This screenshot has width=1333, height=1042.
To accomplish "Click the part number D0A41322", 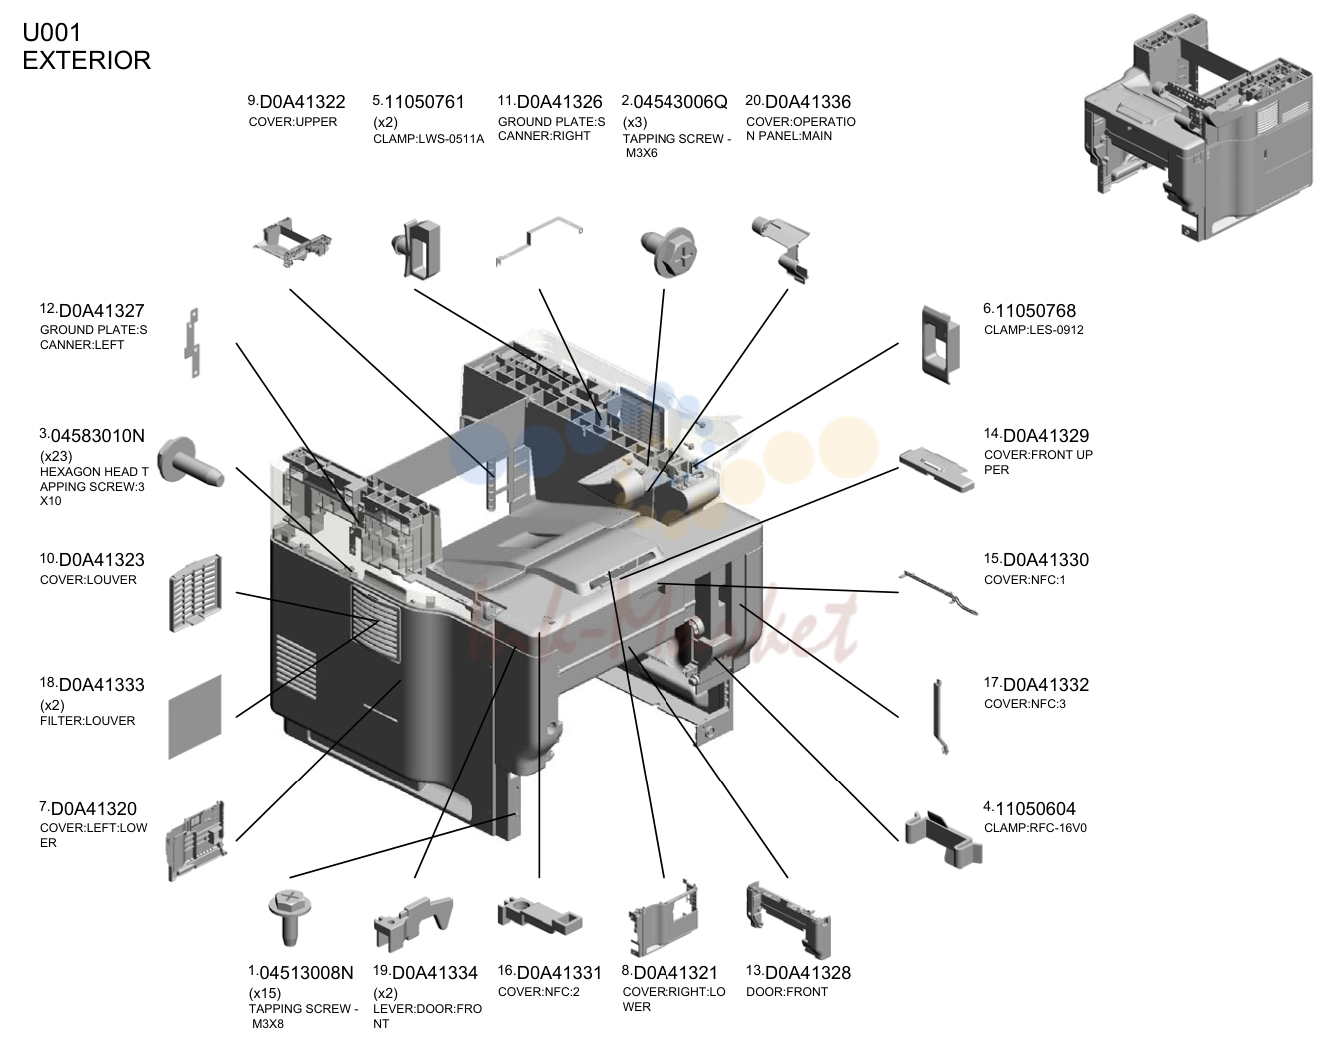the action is tap(302, 102).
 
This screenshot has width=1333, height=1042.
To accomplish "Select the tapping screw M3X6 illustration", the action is tap(668, 253).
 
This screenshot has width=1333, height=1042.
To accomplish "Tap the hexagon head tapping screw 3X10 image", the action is tap(191, 464).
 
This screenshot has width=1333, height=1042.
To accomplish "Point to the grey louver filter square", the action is tap(195, 717).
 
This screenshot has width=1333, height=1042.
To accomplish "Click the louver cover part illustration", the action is tap(196, 593).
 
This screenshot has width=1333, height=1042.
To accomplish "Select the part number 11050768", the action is tap(1035, 311).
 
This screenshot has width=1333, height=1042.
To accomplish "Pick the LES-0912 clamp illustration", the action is tap(940, 345).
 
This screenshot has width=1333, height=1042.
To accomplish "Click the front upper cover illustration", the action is tap(937, 469).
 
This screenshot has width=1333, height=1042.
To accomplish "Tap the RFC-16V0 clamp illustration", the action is tap(943, 838).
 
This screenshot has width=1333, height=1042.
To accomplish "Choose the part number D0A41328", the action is tap(808, 973).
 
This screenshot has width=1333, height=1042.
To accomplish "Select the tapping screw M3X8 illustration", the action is tap(290, 918).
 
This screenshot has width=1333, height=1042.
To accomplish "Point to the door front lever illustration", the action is tap(413, 923).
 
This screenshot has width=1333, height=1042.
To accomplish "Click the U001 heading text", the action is tap(52, 32).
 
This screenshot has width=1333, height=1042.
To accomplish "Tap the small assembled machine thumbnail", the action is tap(1198, 128).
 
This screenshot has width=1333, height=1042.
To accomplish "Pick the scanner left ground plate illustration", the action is tap(193, 343).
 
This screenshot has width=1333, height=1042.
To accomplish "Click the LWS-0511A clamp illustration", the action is tap(416, 250).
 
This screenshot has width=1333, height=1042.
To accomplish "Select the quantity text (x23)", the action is tap(56, 456).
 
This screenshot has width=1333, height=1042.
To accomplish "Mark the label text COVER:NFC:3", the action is tap(1025, 704).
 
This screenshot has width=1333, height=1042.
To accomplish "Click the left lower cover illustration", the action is tap(197, 840).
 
